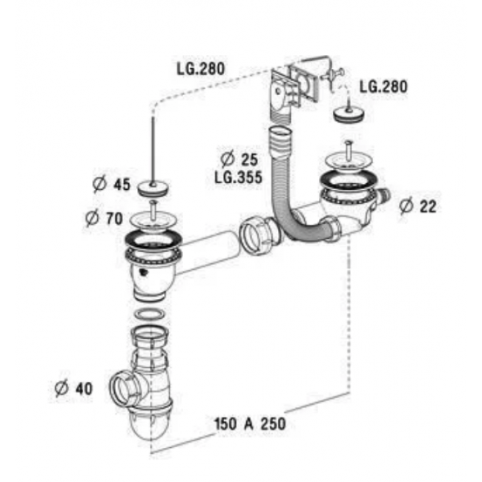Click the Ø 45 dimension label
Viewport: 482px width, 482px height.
coord(111,185)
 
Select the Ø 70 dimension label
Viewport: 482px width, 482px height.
coord(105,219)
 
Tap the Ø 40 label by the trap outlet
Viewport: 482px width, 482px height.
coord(73,389)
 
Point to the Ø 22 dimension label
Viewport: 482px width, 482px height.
coord(418,206)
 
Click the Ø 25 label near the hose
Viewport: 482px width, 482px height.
coord(240,159)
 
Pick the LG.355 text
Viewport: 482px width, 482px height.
coord(239,177)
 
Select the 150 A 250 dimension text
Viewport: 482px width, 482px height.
coord(250,424)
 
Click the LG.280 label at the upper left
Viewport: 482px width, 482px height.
coord(201,69)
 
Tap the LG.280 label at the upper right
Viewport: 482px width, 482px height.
coord(383,87)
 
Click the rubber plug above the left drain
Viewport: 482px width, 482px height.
coord(153,189)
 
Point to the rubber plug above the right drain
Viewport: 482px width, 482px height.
coord(349,115)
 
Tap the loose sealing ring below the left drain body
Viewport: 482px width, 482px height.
coord(151,315)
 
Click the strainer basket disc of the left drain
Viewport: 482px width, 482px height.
coord(151,219)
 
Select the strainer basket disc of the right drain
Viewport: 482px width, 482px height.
coord(349,160)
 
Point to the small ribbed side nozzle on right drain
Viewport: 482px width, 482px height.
coord(384,196)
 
